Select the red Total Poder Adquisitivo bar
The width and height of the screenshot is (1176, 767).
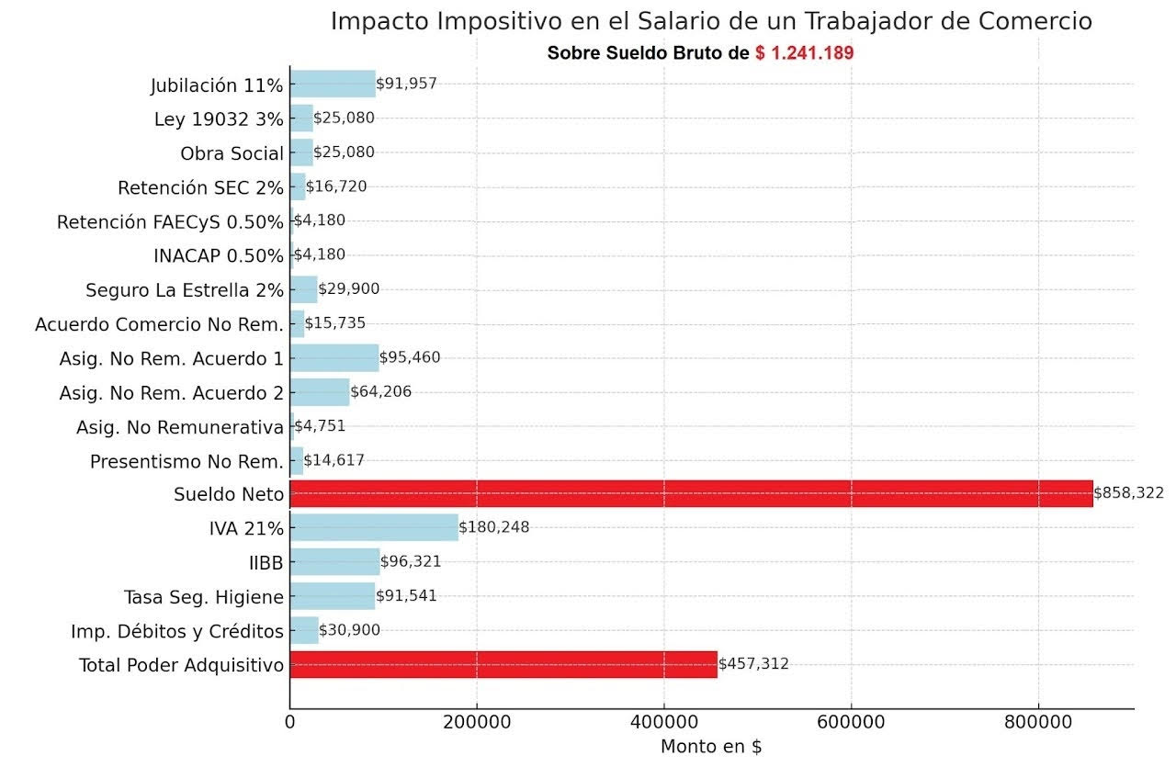(x=503, y=664)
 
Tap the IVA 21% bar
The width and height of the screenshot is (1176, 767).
(x=374, y=527)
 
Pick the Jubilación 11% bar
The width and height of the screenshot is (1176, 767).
(x=333, y=84)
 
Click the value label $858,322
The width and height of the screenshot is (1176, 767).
(x=1128, y=493)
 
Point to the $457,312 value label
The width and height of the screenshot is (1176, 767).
(x=753, y=664)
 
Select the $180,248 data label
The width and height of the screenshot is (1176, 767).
(x=494, y=527)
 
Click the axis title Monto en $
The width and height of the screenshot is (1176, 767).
(x=711, y=747)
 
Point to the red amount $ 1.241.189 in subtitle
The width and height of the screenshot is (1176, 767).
(x=805, y=53)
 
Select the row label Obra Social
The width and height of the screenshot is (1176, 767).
(x=232, y=152)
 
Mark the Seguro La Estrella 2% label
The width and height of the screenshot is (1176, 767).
(x=185, y=290)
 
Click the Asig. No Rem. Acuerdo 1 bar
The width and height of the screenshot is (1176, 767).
(x=334, y=357)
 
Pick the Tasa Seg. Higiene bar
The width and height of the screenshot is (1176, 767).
(x=333, y=596)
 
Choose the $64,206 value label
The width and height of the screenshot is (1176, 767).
(x=381, y=392)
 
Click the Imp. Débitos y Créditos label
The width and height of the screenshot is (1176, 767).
(x=177, y=631)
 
